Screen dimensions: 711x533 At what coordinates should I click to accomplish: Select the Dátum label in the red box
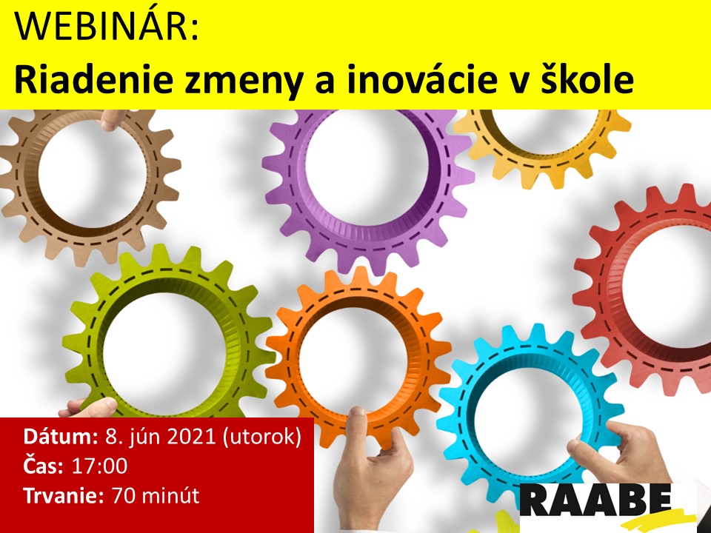point(61,437)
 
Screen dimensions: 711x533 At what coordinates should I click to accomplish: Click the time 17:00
point(100,466)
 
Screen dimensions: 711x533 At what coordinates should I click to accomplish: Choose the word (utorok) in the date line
point(261,438)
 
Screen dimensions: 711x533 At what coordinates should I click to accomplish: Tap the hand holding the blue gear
point(621,453)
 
